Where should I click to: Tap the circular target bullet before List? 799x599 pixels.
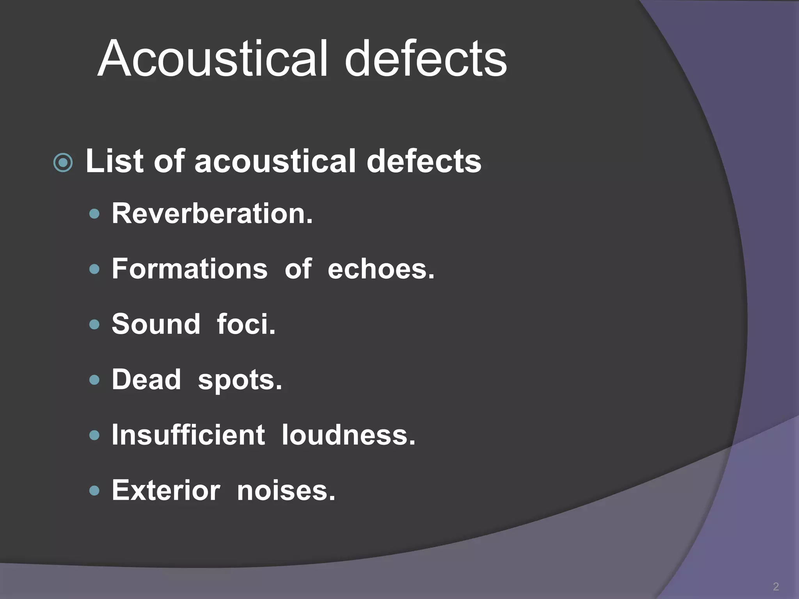tap(63, 162)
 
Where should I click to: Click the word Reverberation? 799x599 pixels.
tap(212, 213)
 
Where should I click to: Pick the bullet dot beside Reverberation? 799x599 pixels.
tap(94, 214)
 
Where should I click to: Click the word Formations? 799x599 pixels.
tap(190, 269)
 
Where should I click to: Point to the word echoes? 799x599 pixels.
tap(381, 269)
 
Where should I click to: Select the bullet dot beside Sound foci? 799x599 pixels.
tap(94, 324)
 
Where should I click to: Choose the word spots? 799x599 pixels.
tap(240, 380)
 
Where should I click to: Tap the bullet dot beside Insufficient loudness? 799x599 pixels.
tap(94, 435)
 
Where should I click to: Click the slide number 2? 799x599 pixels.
tap(776, 586)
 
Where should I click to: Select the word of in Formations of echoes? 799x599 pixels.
tap(298, 269)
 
